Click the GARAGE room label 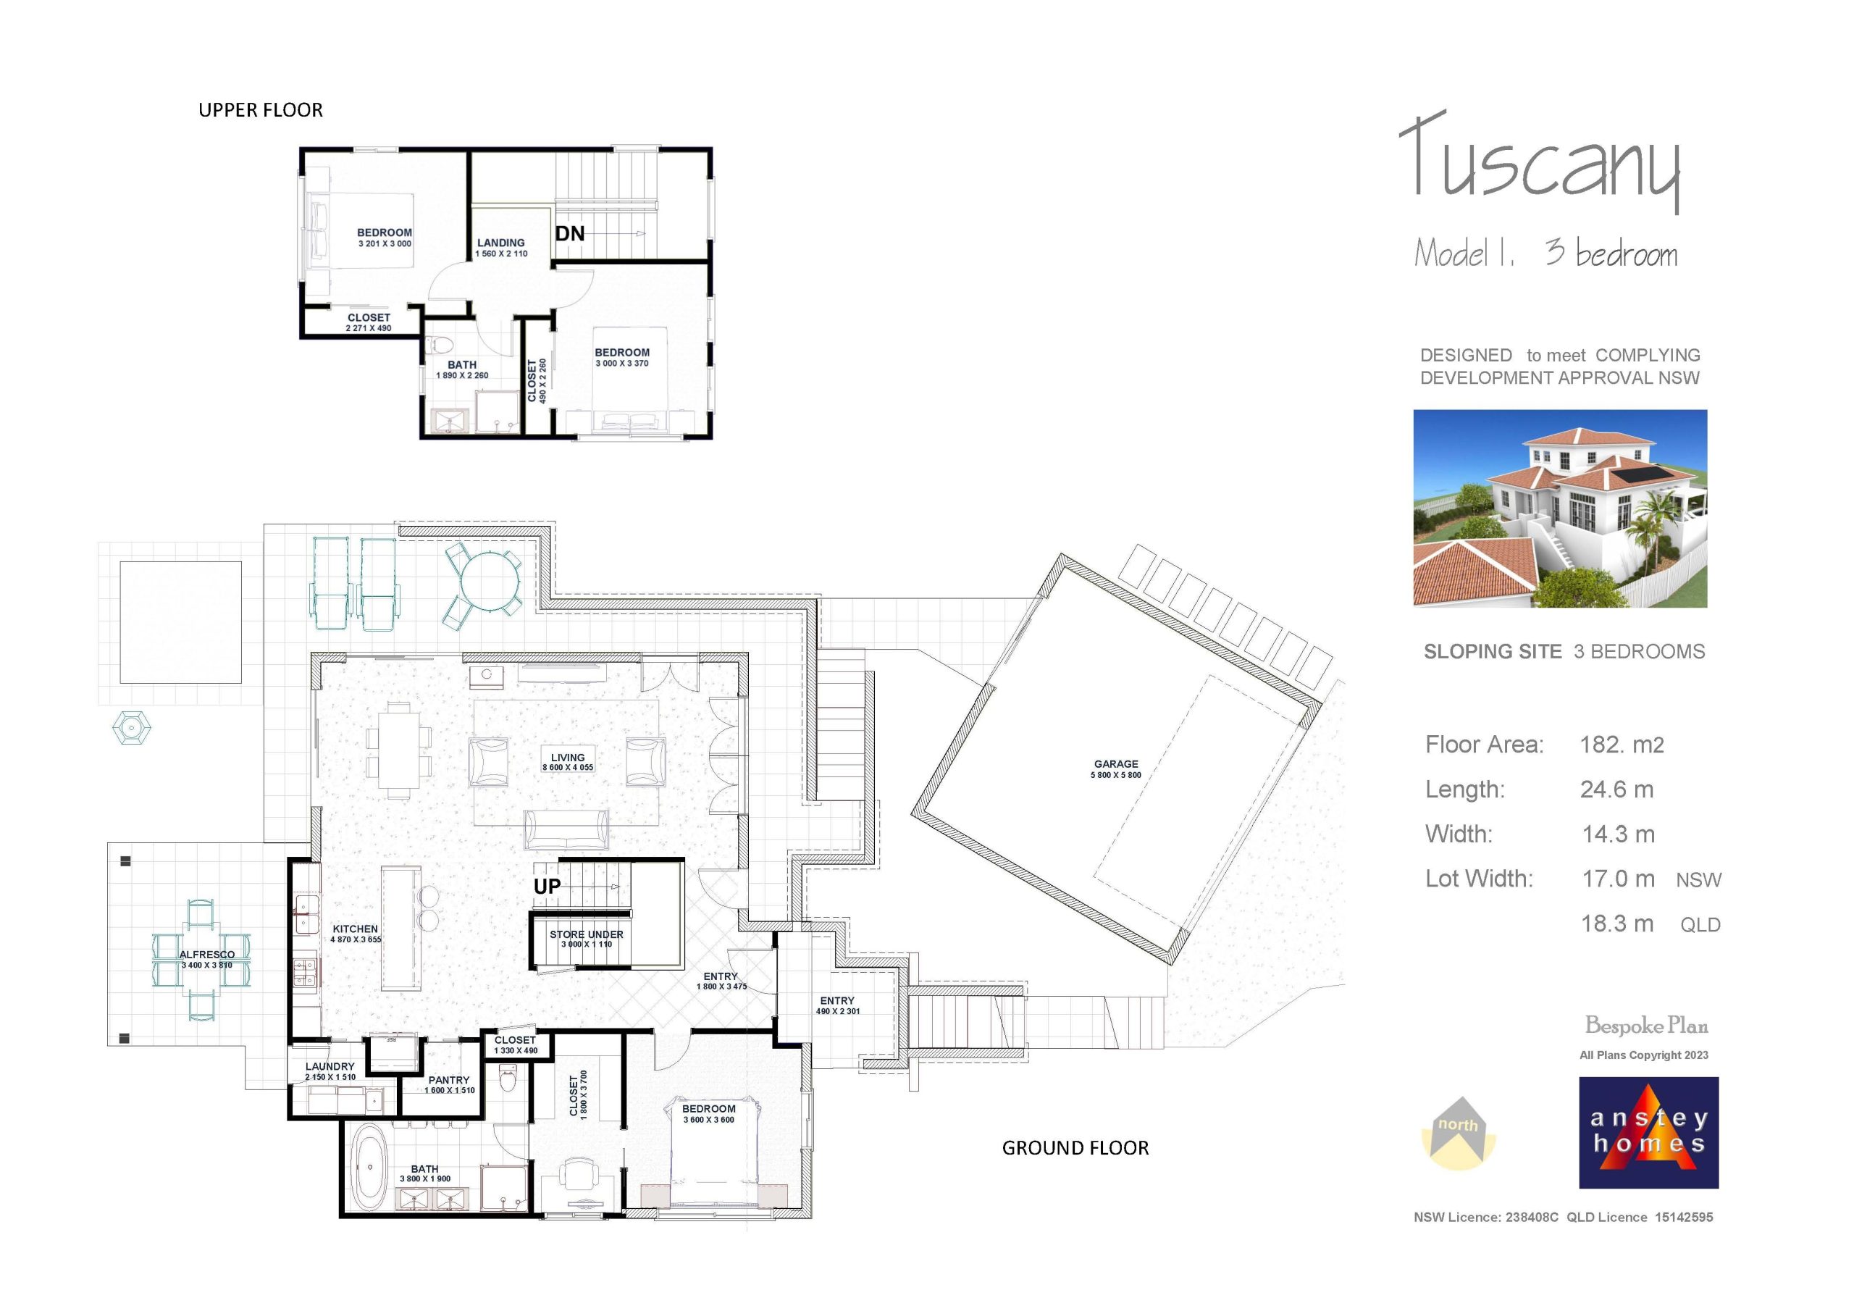1116,763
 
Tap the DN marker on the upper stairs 570,233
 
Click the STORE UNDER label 586,934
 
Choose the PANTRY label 449,1080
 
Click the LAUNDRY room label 330,1066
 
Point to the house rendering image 1559,508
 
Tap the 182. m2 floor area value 1621,745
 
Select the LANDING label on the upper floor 500,243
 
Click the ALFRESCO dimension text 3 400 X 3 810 206,966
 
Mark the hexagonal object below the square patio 132,727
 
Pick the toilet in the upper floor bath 440,345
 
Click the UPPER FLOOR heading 260,110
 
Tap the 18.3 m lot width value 1617,924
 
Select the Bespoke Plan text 1645,1026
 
